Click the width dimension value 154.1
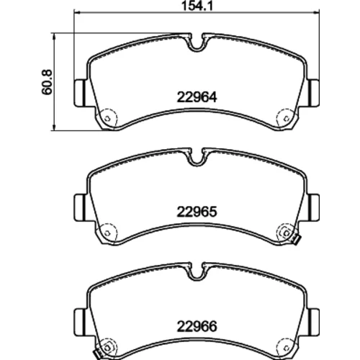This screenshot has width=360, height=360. [x=197, y=6]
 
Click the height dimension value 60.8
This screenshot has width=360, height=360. [x=47, y=82]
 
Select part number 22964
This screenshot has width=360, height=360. [x=197, y=97]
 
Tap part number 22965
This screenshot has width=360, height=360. [x=197, y=212]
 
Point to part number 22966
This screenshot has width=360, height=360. [x=197, y=326]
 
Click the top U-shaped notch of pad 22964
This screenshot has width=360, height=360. [x=197, y=45]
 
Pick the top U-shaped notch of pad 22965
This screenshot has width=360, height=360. [x=197, y=159]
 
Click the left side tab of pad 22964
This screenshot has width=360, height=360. [x=80, y=93]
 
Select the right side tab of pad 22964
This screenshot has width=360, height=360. [x=314, y=93]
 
